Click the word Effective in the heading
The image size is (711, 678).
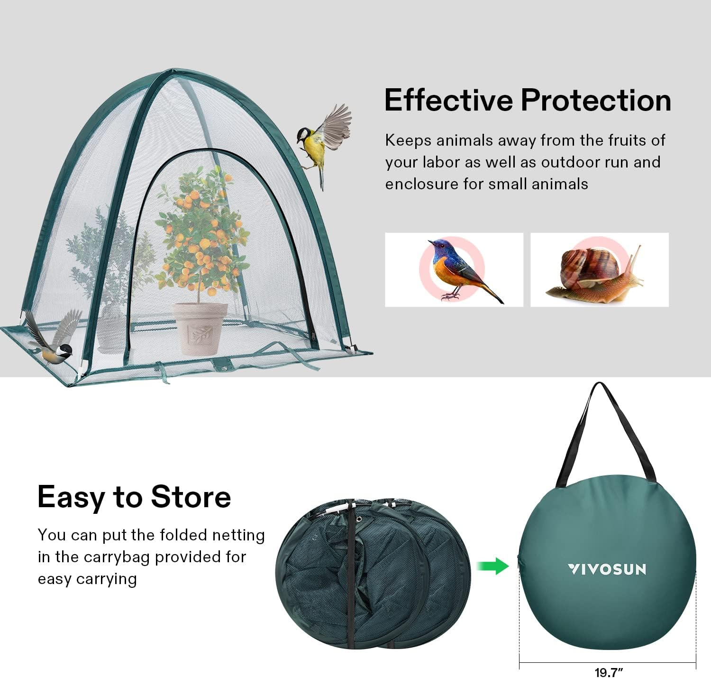tap(448, 101)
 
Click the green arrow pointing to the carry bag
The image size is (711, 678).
tap(493, 566)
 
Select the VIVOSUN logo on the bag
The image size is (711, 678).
tap(607, 569)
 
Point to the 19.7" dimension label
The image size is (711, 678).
tap(609, 672)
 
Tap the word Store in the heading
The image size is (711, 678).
tap(191, 497)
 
